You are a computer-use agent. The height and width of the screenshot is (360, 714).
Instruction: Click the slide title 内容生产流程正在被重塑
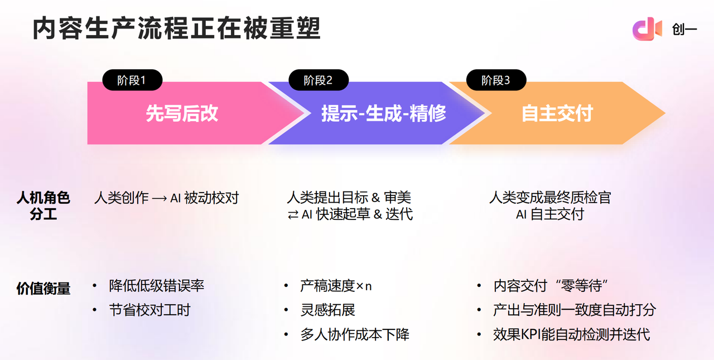click(x=176, y=28)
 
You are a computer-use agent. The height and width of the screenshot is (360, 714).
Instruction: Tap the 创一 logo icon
click(x=647, y=29)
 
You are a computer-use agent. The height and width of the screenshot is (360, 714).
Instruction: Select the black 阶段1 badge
click(x=132, y=80)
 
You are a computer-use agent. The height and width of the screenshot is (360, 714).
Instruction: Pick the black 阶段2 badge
click(x=318, y=80)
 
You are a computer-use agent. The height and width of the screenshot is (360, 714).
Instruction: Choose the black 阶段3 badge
click(x=496, y=80)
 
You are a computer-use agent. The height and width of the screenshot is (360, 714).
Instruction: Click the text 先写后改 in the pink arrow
click(x=182, y=113)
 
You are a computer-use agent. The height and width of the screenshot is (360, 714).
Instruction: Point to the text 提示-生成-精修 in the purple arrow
click(x=384, y=113)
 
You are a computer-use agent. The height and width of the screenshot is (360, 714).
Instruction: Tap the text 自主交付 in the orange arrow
click(x=557, y=113)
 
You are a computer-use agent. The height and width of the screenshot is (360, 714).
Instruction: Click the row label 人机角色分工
click(x=43, y=205)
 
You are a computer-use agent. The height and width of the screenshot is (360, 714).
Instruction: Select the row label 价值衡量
click(x=43, y=288)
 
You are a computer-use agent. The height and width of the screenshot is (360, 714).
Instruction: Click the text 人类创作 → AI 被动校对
click(x=166, y=198)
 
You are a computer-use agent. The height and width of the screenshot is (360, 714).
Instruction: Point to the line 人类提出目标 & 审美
click(x=349, y=197)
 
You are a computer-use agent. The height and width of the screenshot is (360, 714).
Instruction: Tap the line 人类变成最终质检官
click(x=550, y=197)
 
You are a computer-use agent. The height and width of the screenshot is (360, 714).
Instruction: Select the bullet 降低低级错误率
click(x=157, y=286)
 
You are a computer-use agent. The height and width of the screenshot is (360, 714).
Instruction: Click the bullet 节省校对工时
click(x=149, y=310)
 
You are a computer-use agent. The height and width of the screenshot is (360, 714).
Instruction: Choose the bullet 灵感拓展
click(x=327, y=310)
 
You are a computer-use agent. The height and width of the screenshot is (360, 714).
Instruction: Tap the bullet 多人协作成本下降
click(x=355, y=334)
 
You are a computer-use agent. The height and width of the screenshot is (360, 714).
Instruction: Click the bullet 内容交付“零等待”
click(x=550, y=286)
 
